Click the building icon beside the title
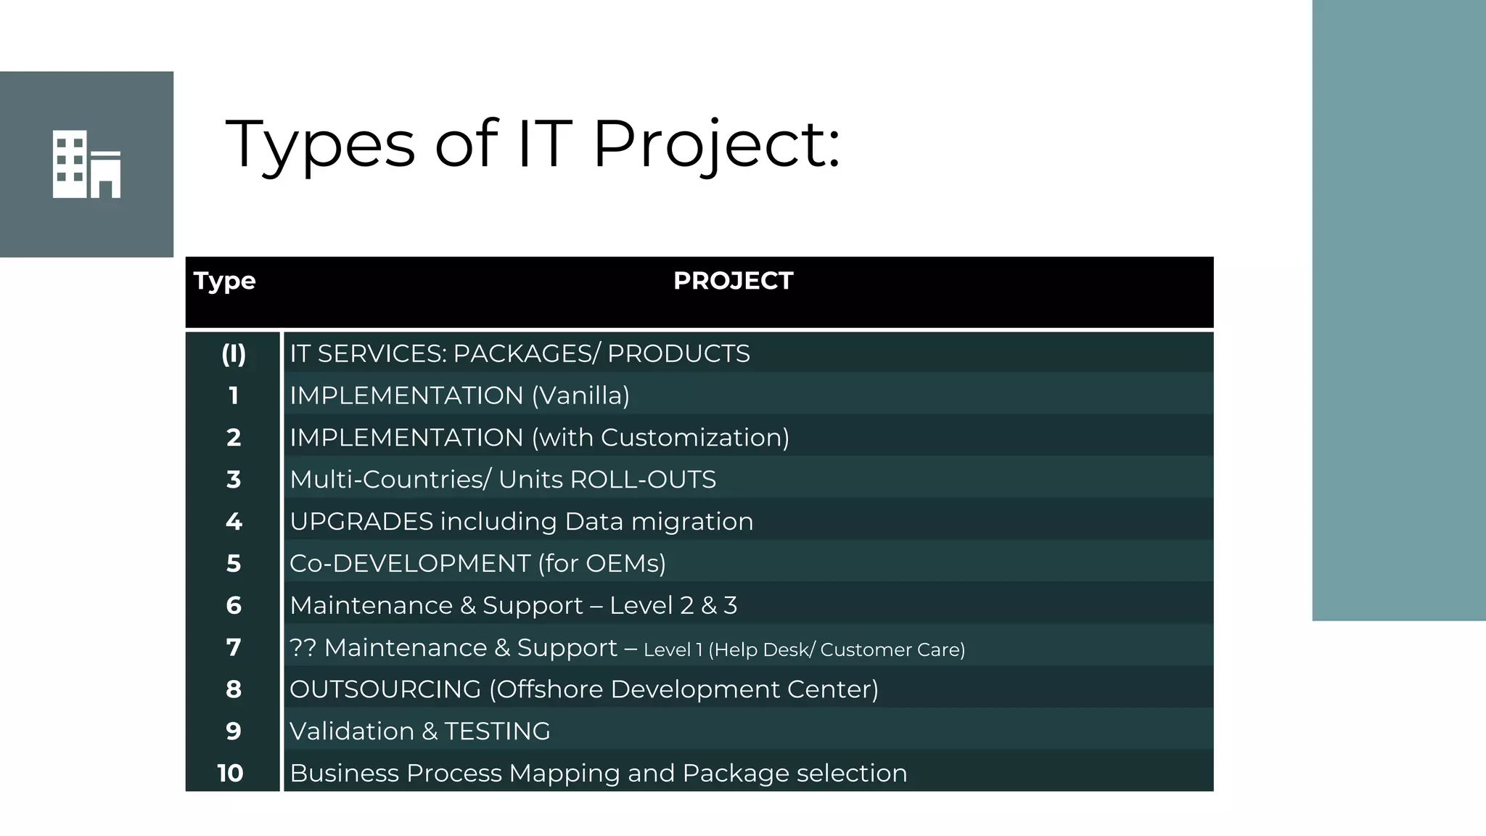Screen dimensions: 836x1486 click(86, 164)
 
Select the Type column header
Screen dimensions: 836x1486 click(224, 281)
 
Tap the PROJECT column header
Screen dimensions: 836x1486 click(733, 281)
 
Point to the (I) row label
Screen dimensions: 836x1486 click(233, 354)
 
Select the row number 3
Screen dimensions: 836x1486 click(233, 480)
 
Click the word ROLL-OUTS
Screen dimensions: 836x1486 click(643, 480)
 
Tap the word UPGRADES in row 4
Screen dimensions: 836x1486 click(361, 522)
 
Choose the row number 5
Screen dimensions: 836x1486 click(233, 564)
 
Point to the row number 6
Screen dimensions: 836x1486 click(233, 605)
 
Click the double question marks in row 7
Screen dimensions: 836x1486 click(303, 647)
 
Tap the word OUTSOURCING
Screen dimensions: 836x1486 click(385, 689)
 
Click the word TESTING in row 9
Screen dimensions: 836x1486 click(497, 731)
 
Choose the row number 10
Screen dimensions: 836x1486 click(231, 774)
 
